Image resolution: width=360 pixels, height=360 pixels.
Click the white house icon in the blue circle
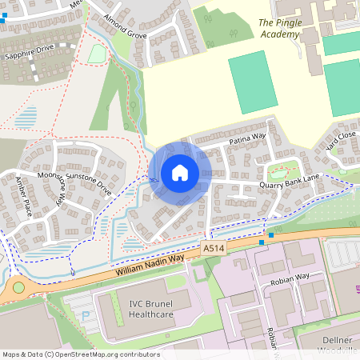click(180, 172)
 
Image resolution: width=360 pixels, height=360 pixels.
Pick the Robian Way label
click(289, 277)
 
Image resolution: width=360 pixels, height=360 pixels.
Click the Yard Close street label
click(340, 142)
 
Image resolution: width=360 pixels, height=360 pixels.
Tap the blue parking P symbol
click(86, 315)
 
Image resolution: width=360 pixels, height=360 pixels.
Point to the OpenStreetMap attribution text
click(80, 354)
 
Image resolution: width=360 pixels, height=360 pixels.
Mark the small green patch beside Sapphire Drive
click(97, 54)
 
